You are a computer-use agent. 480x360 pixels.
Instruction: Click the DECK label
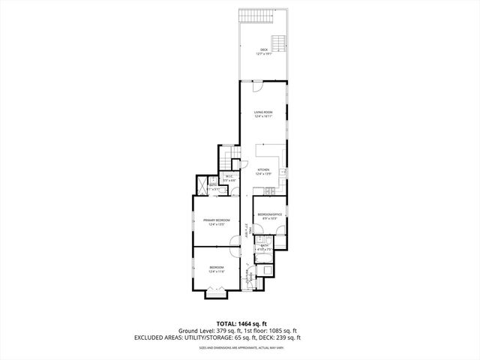pos(263,49)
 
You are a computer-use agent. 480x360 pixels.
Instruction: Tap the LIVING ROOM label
pos(263,112)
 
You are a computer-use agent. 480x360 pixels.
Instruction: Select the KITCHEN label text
pos(263,169)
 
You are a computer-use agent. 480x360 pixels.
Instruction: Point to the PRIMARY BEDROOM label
pos(217,220)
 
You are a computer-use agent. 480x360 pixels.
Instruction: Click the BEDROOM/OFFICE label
pos(269,214)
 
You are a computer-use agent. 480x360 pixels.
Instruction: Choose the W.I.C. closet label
pos(229,177)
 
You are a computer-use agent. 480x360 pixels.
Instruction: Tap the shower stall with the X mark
pos(202,184)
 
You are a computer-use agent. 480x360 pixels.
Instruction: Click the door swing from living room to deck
pos(257,87)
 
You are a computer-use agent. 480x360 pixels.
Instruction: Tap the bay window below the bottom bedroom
pos(217,295)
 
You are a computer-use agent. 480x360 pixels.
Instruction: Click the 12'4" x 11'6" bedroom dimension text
pos(217,271)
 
